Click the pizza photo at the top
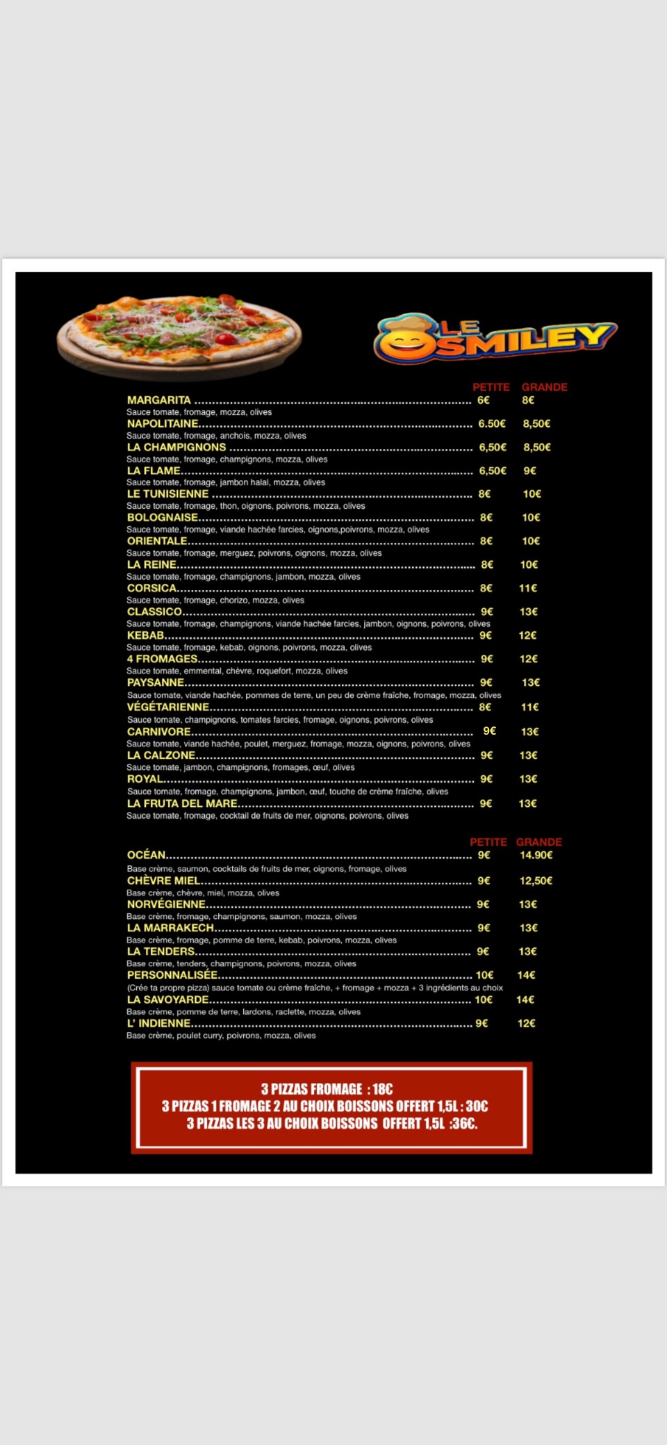[x=179, y=336]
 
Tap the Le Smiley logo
[x=495, y=339]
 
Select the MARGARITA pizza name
[x=158, y=400]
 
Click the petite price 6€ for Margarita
[x=484, y=400]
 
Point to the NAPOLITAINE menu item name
[x=163, y=424]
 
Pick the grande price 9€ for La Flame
[x=529, y=471]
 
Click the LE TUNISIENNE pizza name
[x=167, y=494]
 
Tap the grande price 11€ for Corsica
[x=528, y=589]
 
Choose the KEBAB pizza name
[x=145, y=635]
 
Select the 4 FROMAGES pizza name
[x=162, y=659]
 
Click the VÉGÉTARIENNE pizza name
[x=168, y=707]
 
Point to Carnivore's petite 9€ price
[x=490, y=731]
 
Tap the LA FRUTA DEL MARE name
[x=182, y=803]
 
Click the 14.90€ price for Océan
[x=536, y=856]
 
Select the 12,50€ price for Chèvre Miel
[x=536, y=881]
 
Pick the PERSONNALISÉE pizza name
[x=172, y=975]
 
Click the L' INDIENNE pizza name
[x=158, y=1024]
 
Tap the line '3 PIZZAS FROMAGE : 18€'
[x=327, y=1089]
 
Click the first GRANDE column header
[x=544, y=387]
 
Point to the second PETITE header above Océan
[x=488, y=842]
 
